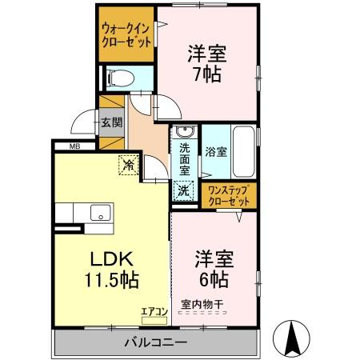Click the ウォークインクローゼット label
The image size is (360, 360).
(x=126, y=35)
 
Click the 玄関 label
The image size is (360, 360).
(x=111, y=123)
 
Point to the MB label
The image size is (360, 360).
(x=74, y=146)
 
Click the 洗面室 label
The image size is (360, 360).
(x=184, y=158)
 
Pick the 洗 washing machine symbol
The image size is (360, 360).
(x=183, y=190)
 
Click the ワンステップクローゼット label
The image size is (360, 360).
(x=230, y=195)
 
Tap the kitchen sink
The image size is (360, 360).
(x=102, y=212)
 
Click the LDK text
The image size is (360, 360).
(x=109, y=260)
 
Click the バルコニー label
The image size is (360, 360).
(x=155, y=343)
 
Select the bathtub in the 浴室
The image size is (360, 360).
(x=245, y=152)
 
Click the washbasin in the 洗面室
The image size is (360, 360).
(x=183, y=134)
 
